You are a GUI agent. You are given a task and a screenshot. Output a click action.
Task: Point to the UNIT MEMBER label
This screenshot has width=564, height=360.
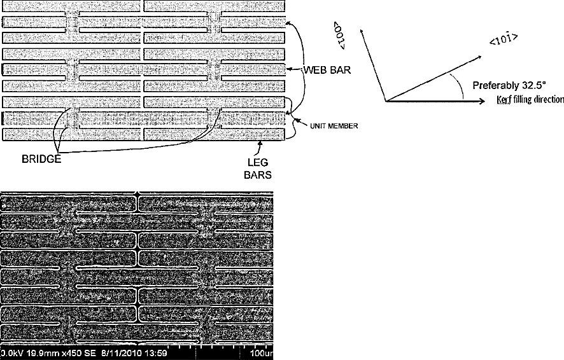pyautogui.click(x=334, y=126)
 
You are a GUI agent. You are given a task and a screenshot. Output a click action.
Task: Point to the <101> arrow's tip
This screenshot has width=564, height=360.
pyautogui.click(x=481, y=56)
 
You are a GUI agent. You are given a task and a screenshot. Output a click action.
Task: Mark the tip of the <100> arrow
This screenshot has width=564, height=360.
pyautogui.click(x=363, y=31)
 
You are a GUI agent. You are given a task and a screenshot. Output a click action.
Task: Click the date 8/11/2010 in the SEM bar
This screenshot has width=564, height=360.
pyautogui.click(x=121, y=354)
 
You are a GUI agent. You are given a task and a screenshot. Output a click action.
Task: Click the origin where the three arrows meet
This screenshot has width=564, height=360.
pyautogui.click(x=384, y=101)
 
